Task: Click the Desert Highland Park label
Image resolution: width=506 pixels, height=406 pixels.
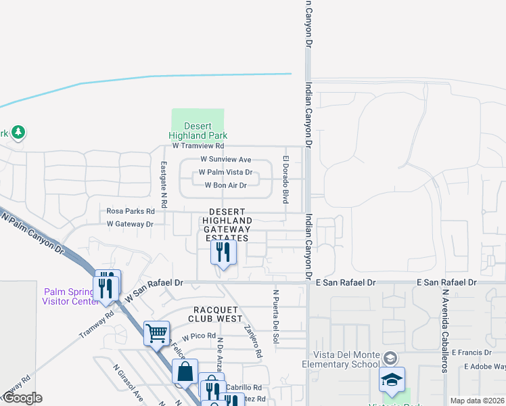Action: click(196, 131)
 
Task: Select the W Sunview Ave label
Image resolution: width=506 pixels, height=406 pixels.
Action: click(225, 159)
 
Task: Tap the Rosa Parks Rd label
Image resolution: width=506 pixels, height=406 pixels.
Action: click(131, 211)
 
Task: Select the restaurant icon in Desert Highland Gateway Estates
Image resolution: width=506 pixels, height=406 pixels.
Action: click(223, 253)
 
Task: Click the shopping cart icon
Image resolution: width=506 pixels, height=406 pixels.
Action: click(156, 333)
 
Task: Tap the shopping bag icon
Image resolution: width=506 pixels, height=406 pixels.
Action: click(185, 371)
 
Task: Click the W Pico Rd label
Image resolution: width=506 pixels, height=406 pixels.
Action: click(198, 336)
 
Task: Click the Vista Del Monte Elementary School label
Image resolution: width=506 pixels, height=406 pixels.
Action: click(345, 359)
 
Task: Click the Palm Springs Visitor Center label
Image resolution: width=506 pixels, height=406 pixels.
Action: click(70, 296)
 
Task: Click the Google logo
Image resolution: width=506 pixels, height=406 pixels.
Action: click(22, 398)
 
